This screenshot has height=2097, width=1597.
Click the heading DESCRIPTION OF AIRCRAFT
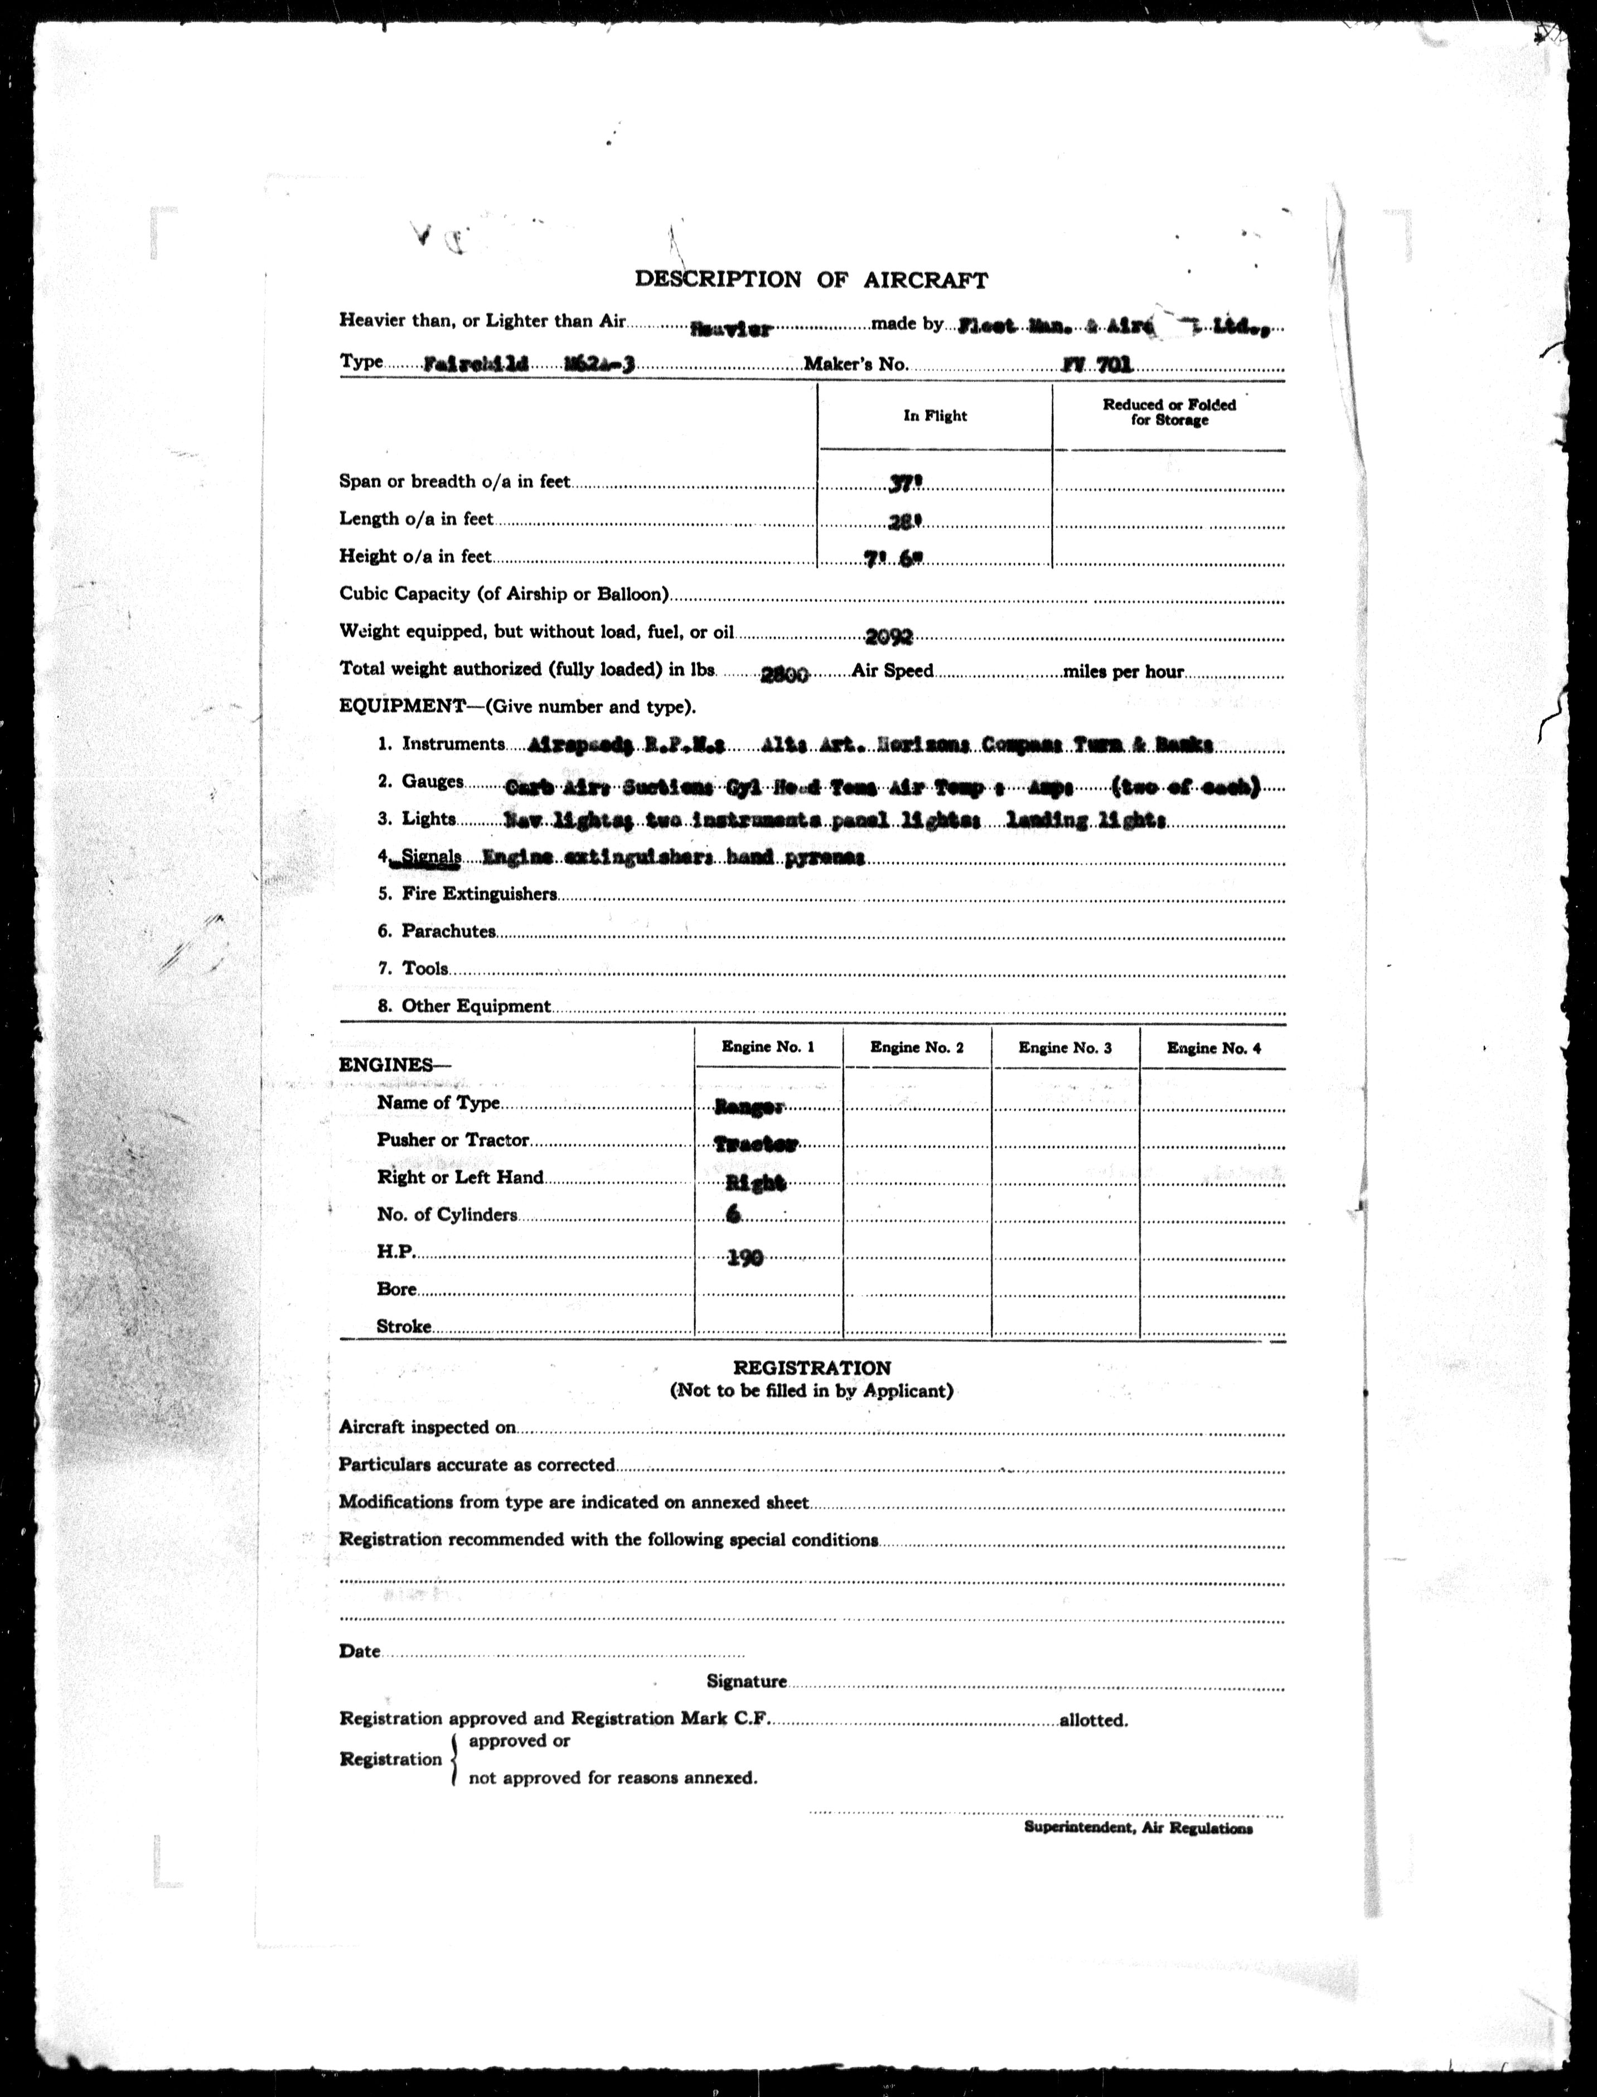point(811,279)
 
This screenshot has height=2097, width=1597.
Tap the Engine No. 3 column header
point(1064,1047)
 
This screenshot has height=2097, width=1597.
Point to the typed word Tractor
point(756,1143)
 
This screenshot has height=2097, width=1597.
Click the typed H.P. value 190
point(746,1258)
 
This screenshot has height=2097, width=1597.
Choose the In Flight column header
point(935,415)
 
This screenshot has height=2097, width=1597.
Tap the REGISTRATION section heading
point(811,1368)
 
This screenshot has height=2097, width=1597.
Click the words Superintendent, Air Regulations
point(1138,1828)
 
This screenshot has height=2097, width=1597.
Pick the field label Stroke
point(404,1326)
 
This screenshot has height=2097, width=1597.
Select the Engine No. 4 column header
point(1213,1047)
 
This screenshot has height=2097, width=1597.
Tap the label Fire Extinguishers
point(479,895)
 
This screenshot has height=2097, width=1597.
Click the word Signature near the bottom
point(746,1682)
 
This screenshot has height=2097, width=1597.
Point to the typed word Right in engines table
point(756,1182)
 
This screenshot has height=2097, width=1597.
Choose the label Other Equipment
point(475,1006)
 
